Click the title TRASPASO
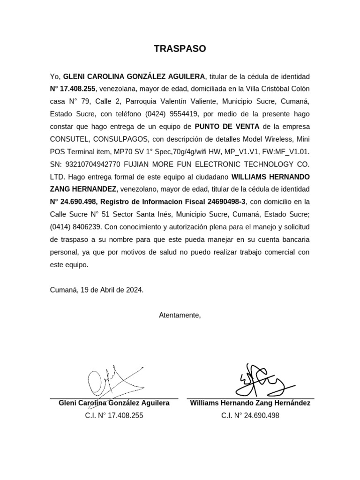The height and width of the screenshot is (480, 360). (180, 49)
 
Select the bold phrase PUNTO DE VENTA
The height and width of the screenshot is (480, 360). (227, 127)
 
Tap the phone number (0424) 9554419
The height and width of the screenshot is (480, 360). (172, 114)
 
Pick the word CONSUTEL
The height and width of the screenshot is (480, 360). (68, 139)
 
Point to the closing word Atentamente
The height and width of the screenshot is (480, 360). (180, 315)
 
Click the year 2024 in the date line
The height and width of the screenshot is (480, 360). (133, 290)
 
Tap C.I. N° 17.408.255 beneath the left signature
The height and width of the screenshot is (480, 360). (114, 415)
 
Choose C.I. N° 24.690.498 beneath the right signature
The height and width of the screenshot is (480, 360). (250, 415)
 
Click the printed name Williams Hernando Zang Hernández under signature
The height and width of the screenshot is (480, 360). (250, 403)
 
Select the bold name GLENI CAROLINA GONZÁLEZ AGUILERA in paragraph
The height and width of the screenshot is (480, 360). (134, 76)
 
